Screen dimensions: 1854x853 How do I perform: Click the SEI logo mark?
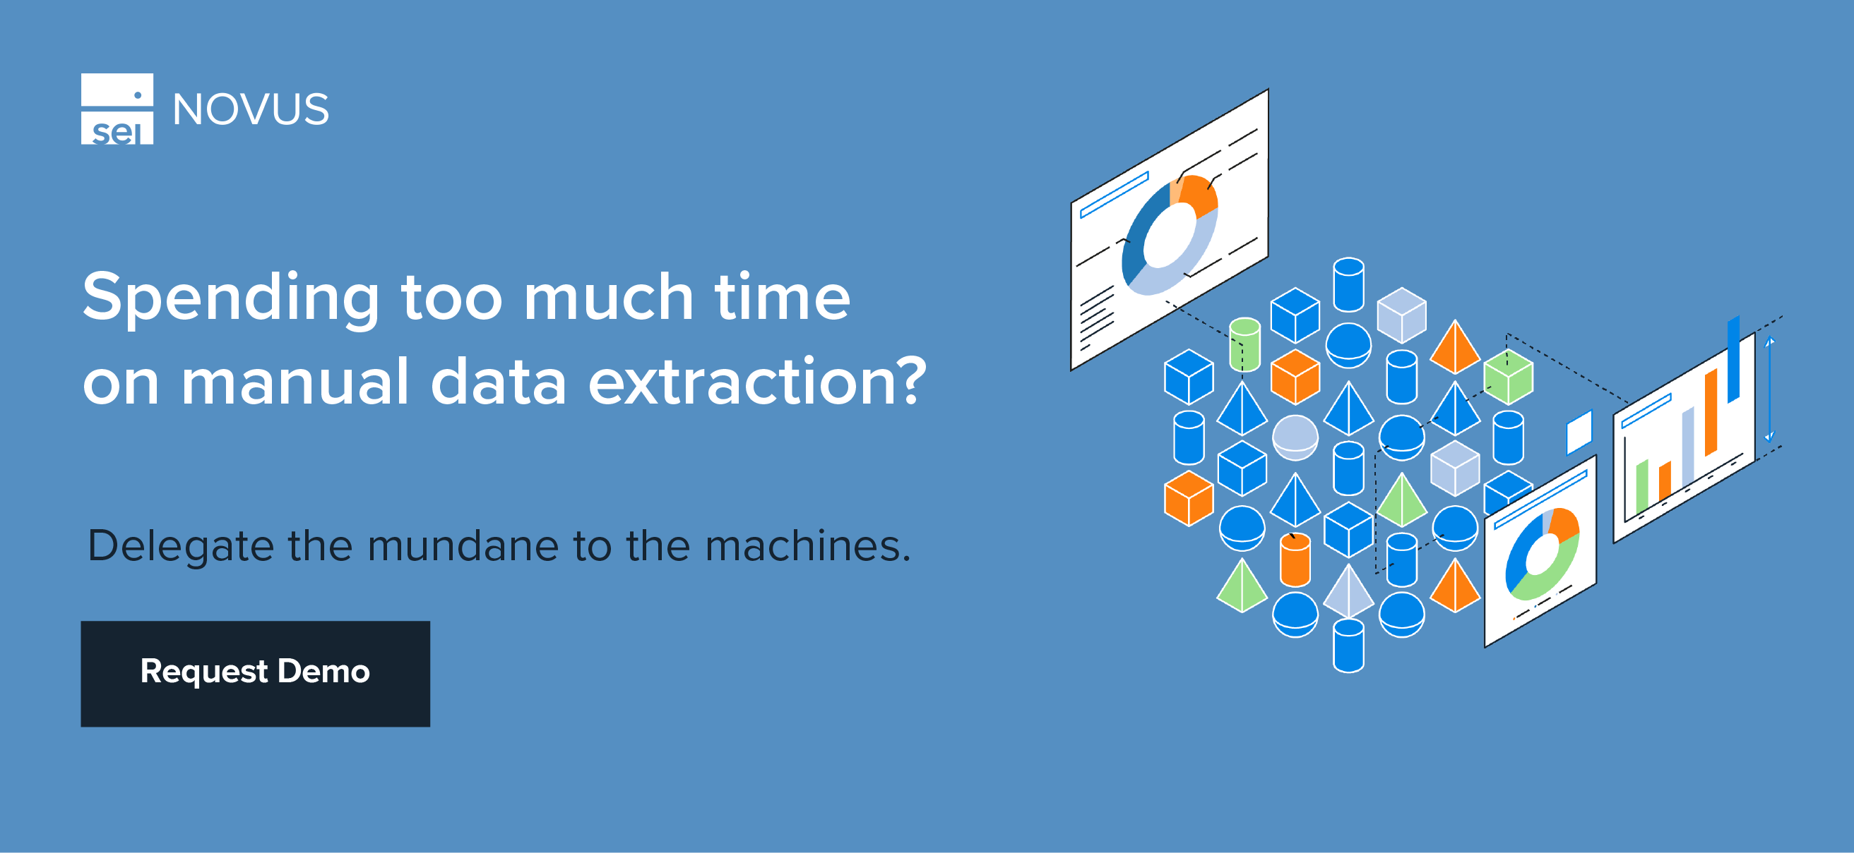pyautogui.click(x=117, y=109)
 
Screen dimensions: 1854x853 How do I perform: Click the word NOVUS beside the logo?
pyautogui.click(x=251, y=109)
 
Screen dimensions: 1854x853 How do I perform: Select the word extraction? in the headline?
pyautogui.click(x=757, y=381)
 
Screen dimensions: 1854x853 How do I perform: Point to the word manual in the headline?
pyautogui.click(x=295, y=381)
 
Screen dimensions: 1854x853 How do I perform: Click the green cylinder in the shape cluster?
pyautogui.click(x=1244, y=344)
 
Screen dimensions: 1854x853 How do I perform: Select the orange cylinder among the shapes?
pyautogui.click(x=1295, y=560)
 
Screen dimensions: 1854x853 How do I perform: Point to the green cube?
pyautogui.click(x=1509, y=377)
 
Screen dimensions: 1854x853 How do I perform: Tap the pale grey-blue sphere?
pyautogui.click(x=1295, y=437)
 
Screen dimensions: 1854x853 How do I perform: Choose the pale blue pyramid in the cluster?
pyautogui.click(x=1348, y=591)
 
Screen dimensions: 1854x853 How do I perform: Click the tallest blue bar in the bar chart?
pyautogui.click(x=1734, y=358)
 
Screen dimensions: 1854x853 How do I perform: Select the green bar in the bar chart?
pyautogui.click(x=1642, y=487)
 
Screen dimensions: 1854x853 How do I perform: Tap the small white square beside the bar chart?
pyautogui.click(x=1579, y=432)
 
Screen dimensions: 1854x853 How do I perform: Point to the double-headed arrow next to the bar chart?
pyautogui.click(x=1770, y=388)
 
